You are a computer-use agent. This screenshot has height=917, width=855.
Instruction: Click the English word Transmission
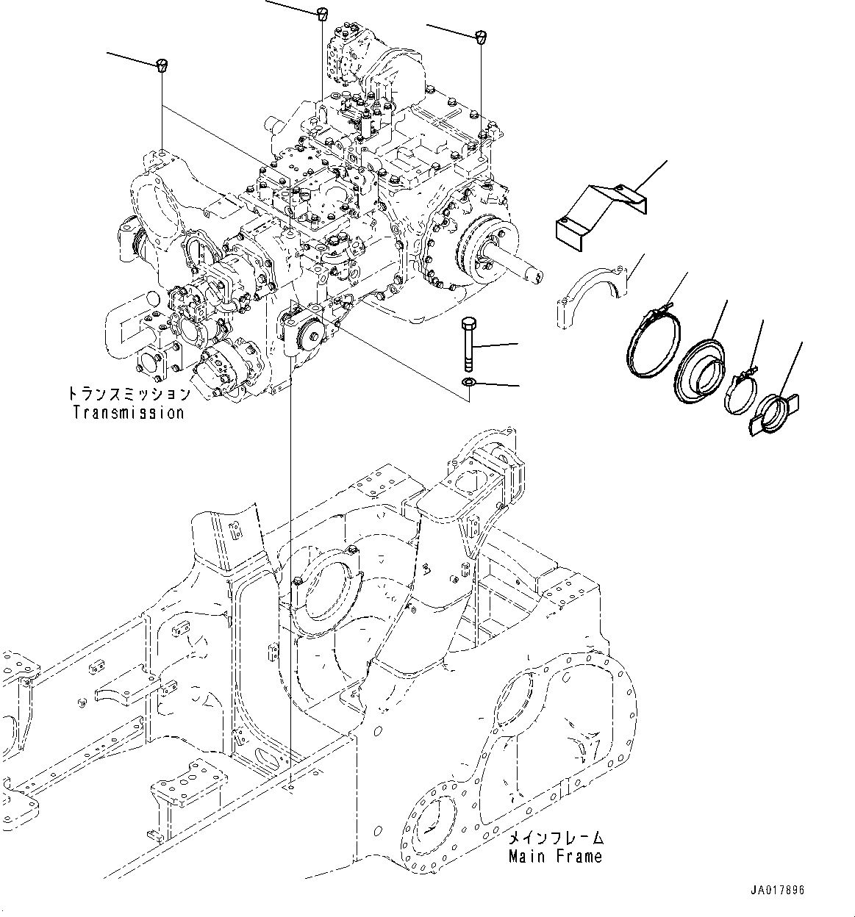tap(129, 412)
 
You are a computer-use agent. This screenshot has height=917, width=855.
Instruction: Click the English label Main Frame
tap(555, 856)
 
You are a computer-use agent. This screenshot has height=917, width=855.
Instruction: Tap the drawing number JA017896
tap(777, 890)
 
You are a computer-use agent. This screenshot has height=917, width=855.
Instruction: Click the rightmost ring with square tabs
tap(775, 414)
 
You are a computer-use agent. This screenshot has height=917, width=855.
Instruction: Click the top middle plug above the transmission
tap(321, 12)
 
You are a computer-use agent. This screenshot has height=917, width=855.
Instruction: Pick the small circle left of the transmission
tap(150, 298)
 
